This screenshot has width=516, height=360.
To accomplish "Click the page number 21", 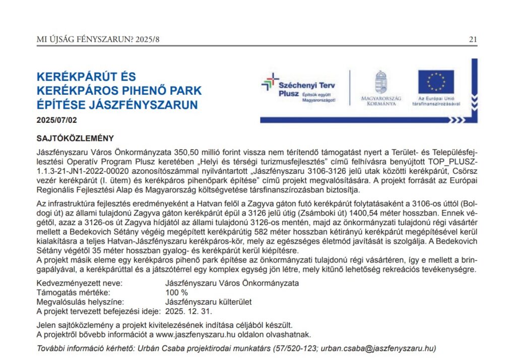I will [x=473, y=39].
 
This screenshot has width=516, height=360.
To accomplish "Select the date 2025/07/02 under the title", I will [x=57, y=120].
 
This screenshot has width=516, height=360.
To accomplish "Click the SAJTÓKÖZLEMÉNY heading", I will [x=76, y=138].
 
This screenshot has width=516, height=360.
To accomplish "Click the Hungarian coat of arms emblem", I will [x=381, y=81].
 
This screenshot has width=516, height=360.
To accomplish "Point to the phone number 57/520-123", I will [x=295, y=348].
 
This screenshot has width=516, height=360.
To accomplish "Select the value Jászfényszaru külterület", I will [x=208, y=302].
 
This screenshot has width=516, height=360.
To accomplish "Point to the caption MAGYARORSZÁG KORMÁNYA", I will [x=381, y=101].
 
